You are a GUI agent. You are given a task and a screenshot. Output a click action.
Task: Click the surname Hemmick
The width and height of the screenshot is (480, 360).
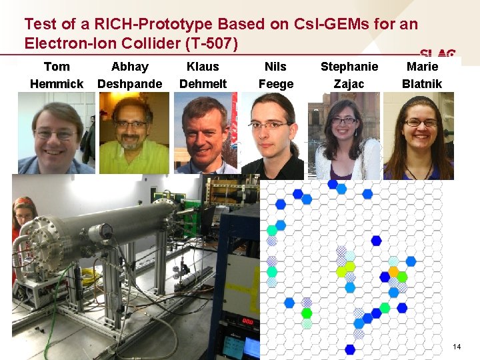pos(57,84)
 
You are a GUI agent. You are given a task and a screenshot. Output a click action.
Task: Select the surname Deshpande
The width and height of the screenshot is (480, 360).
pos(130,84)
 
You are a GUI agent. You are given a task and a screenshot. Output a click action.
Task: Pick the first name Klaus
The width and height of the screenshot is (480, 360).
pos(203,67)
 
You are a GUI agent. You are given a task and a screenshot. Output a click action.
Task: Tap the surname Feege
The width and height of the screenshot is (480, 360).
pos(275,84)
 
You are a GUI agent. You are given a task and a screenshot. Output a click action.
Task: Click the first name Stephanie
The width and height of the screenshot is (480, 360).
pos(349,67)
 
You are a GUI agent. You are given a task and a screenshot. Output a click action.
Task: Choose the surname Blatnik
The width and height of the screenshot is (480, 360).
pos(422,84)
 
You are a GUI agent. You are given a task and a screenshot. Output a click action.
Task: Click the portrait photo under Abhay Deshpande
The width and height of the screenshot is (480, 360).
pos(133,133)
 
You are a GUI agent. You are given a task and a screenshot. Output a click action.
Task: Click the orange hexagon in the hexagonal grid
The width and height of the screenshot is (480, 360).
pos(393,272)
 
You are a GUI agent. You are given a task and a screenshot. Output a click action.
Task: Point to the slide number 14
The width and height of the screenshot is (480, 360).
pos(457,347)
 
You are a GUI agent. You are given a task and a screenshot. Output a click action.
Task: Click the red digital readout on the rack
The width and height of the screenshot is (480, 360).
pos(247,321)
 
